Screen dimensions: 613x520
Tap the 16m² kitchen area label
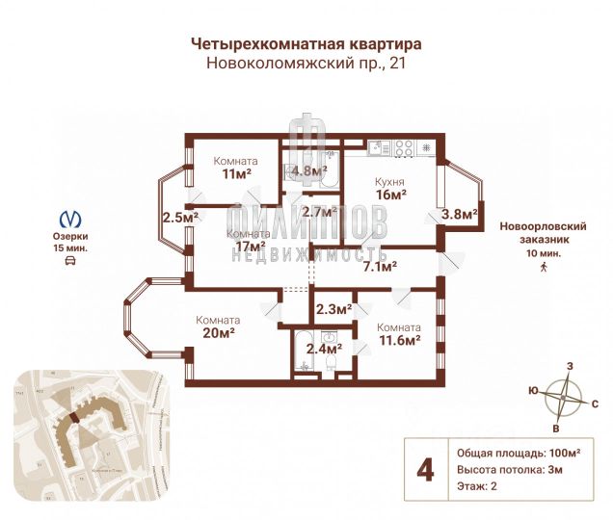coord(390,194)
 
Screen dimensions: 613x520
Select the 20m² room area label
coord(217,334)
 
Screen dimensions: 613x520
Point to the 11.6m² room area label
coord(398,340)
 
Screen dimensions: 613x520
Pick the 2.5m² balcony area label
coord(180,217)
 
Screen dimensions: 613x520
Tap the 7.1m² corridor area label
coord(380,267)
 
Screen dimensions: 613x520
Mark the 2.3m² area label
coord(333,309)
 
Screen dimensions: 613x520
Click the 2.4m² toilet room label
coord(324,349)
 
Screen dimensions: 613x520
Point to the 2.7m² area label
coord(318,211)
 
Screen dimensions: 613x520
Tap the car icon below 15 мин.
coord(70,261)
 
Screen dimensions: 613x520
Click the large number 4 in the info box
coord(423,469)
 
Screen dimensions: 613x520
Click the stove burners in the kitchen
coord(404,148)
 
